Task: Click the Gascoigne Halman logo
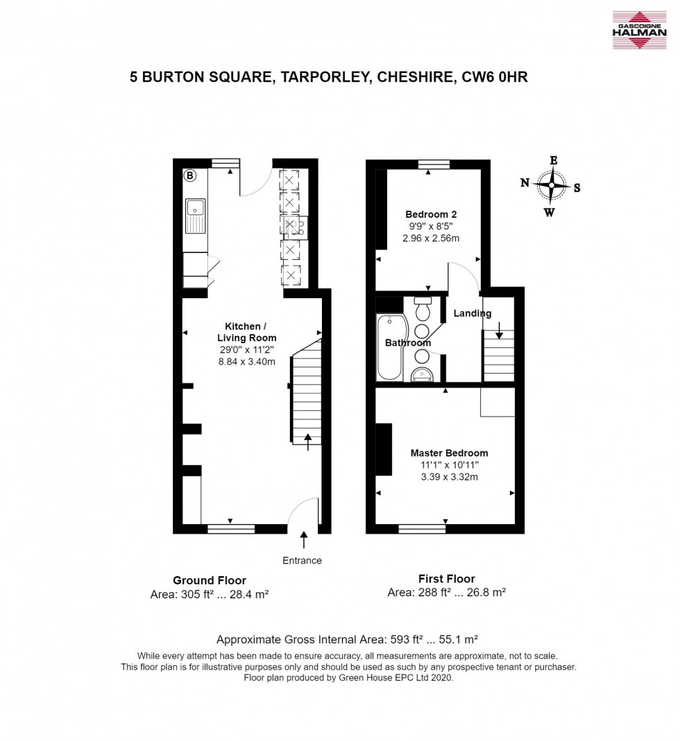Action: [638, 30]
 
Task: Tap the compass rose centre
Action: [552, 186]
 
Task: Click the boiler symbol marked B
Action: [189, 176]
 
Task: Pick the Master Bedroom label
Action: [444, 453]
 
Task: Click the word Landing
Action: [473, 313]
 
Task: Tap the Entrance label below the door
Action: [303, 560]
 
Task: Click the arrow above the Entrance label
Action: [303, 539]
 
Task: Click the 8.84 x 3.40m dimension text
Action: [248, 361]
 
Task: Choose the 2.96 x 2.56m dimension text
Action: [431, 238]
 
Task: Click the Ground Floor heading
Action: [209, 580]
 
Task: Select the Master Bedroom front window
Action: [422, 529]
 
